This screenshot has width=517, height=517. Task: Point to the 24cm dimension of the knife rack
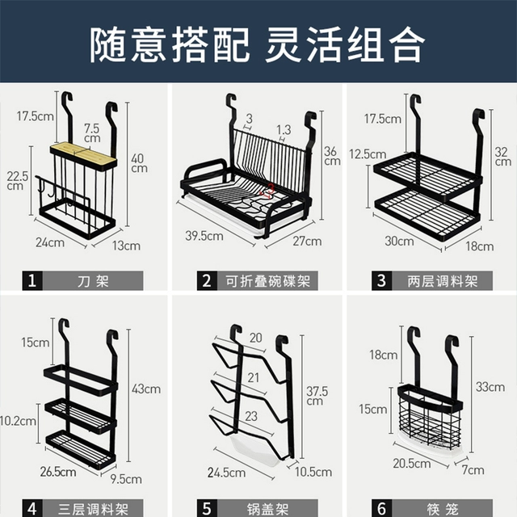click(50, 241)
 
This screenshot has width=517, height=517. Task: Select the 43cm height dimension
click(147, 389)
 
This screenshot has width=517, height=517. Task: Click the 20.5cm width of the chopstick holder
click(411, 464)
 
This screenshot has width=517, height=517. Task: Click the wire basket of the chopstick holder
click(429, 418)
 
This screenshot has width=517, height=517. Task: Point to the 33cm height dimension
click(490, 387)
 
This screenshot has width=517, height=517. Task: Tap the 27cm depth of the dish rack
click(307, 241)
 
